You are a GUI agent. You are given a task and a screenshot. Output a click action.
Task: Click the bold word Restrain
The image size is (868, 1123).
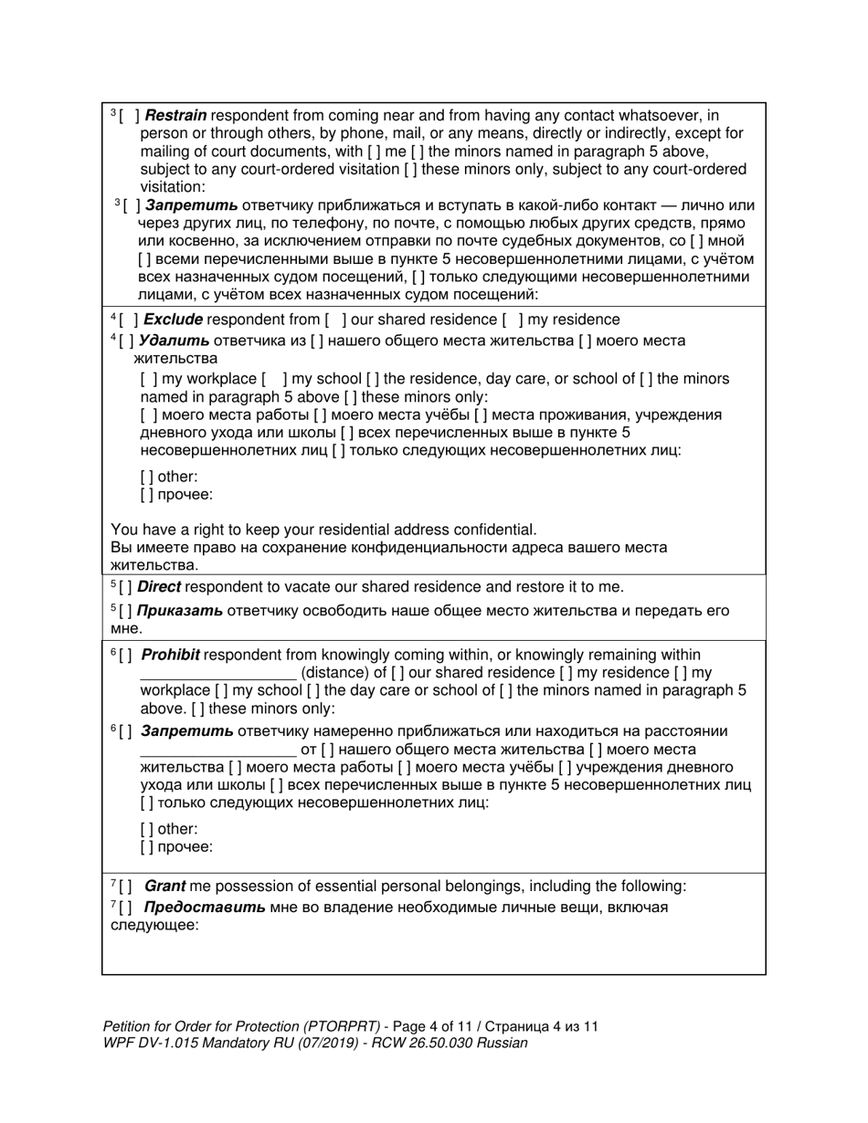click(175, 116)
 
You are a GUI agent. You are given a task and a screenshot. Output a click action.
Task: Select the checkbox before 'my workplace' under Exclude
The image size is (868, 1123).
click(148, 379)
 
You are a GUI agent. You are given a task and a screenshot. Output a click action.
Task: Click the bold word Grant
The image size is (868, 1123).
click(164, 886)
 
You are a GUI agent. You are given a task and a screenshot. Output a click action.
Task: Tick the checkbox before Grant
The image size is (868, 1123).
click(125, 886)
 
